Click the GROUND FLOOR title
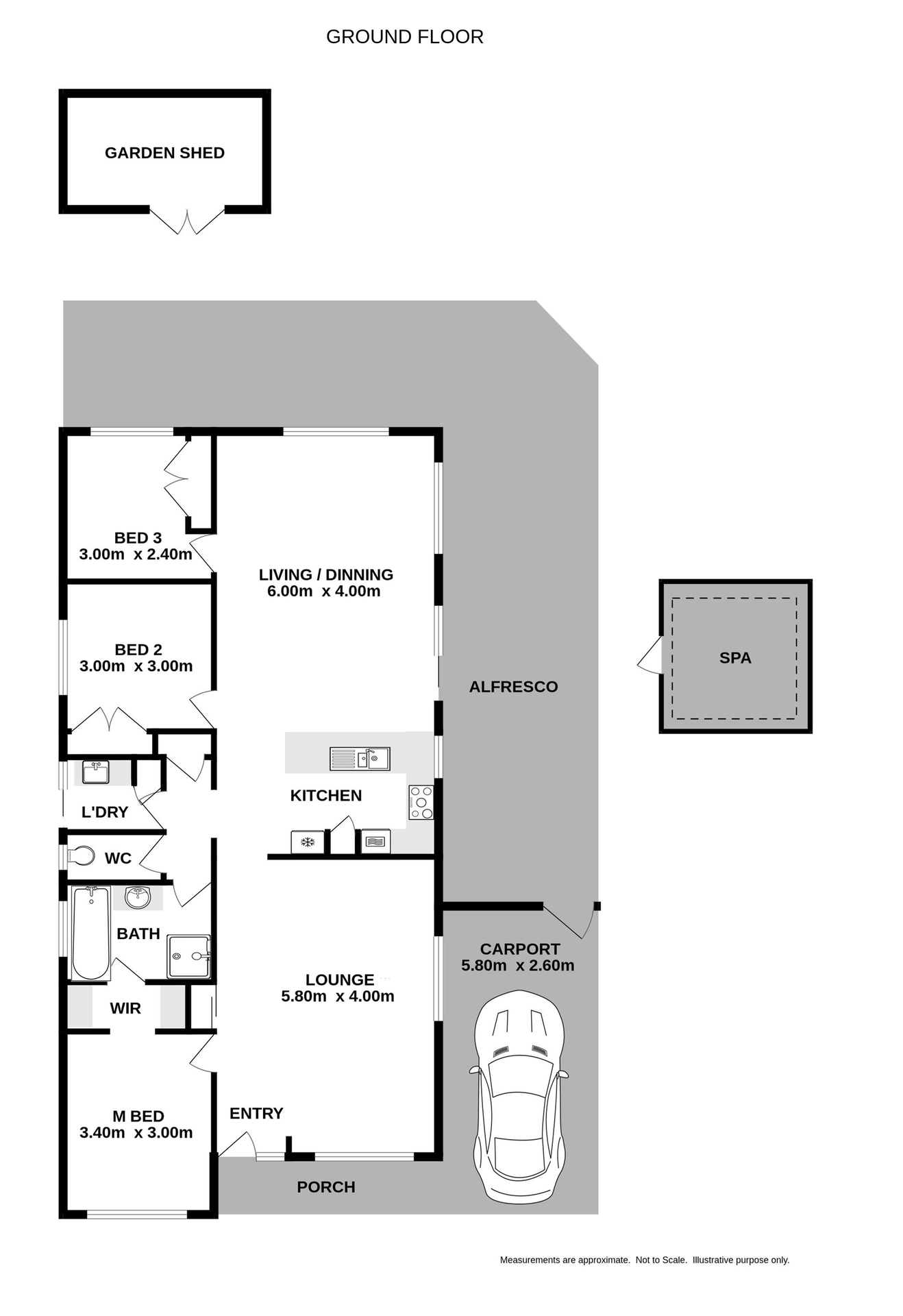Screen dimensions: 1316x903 [404, 37]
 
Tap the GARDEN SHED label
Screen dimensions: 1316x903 [164, 153]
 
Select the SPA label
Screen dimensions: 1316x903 [735, 658]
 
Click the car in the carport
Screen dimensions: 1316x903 [519, 1097]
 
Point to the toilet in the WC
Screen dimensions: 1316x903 [81, 856]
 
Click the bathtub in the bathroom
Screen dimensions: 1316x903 [91, 933]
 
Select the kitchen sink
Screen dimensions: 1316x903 [360, 759]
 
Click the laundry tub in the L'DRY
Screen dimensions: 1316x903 [95, 772]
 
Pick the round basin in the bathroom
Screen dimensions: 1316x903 [138, 897]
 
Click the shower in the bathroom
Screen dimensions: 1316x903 [188, 956]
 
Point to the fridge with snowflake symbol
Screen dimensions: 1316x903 [308, 842]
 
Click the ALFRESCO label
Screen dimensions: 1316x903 [513, 687]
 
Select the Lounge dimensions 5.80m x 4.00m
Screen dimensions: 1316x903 [338, 997]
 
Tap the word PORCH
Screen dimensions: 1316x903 [326, 1187]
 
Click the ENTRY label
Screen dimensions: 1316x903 [256, 1113]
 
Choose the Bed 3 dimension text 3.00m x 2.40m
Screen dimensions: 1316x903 [136, 555]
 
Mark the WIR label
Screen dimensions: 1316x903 [125, 1008]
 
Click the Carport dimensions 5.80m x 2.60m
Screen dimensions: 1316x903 [517, 966]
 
